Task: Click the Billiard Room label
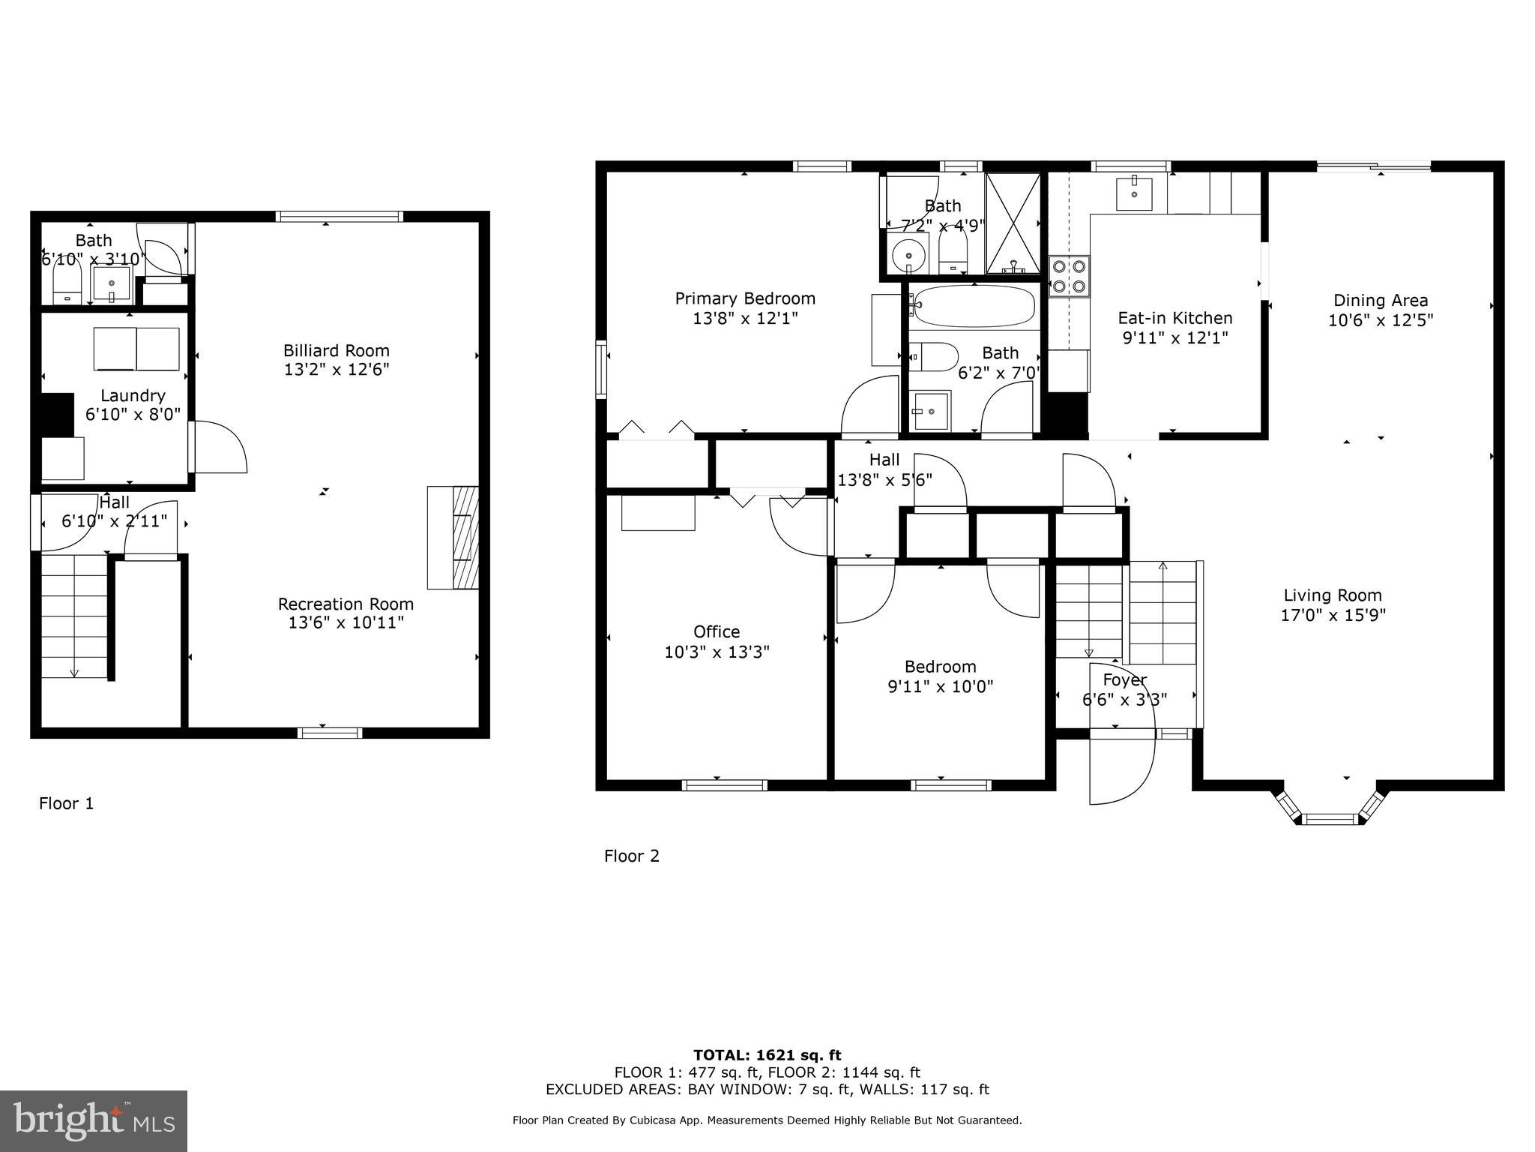click(336, 350)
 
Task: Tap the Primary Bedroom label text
click(744, 298)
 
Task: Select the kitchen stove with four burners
click(1069, 275)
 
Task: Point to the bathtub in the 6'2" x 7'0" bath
click(974, 306)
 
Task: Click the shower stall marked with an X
click(1013, 223)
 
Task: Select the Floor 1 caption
click(66, 804)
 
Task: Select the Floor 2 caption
click(631, 856)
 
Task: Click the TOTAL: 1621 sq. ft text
click(767, 1056)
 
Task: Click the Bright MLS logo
click(94, 1121)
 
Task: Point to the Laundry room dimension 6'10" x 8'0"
click(133, 414)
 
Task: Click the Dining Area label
click(1380, 301)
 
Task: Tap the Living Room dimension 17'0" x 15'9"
click(1333, 616)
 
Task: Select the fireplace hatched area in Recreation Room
click(465, 538)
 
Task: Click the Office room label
click(717, 631)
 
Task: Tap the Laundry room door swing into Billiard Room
click(220, 447)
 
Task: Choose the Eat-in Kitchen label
click(1174, 318)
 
